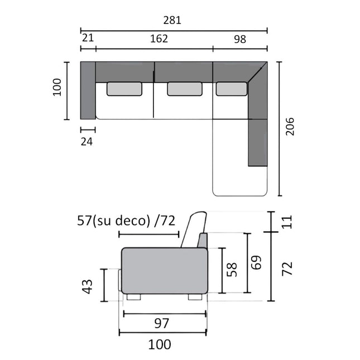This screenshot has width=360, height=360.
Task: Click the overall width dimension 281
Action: pos(172,20)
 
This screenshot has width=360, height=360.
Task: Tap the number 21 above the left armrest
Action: pos(88,37)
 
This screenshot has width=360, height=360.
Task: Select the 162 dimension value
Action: pos(159,39)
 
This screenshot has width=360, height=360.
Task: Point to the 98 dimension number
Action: pos(240,39)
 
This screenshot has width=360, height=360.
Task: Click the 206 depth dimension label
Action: pos(290,127)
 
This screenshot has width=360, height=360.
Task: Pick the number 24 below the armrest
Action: pos(87,142)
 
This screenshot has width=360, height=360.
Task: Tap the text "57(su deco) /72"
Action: pos(126,220)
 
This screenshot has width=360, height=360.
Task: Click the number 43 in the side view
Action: pos(87,286)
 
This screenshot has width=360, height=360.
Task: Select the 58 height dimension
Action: pos(232,270)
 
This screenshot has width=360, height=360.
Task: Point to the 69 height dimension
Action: pos(256,262)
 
